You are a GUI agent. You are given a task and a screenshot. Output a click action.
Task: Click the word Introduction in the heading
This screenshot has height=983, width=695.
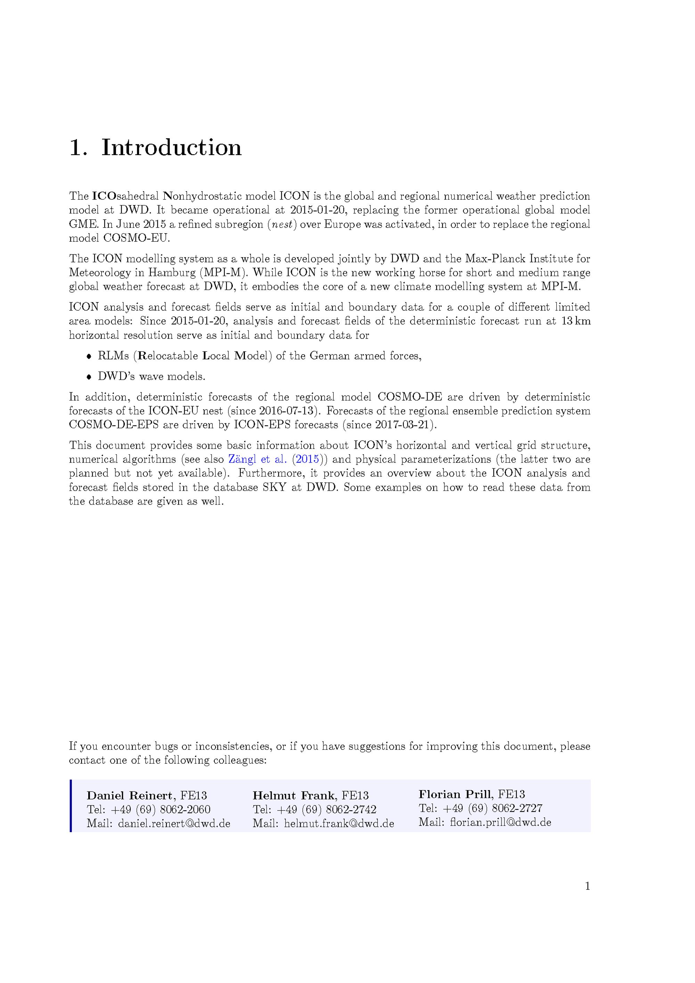click(x=171, y=148)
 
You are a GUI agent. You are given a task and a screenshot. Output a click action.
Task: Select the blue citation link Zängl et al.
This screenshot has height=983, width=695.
click(x=257, y=460)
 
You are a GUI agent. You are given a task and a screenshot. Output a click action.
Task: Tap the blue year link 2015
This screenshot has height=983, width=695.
click(x=307, y=460)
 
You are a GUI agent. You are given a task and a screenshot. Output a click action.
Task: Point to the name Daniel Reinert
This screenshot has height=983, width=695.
click(x=130, y=796)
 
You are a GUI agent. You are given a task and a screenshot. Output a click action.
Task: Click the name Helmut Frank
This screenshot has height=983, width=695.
click(x=294, y=796)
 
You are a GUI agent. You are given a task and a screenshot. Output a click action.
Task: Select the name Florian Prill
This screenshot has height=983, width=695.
click(x=455, y=795)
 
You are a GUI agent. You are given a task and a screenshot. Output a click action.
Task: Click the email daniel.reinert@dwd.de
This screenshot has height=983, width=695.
click(x=174, y=823)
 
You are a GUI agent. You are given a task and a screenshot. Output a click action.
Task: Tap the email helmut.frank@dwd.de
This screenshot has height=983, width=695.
click(x=339, y=823)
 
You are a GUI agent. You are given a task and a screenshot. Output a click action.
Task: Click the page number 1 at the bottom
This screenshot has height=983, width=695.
click(x=587, y=886)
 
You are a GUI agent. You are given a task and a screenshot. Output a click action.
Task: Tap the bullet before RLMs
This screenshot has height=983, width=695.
click(x=89, y=356)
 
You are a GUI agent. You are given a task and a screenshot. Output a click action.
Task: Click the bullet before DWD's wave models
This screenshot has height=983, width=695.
click(x=89, y=377)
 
